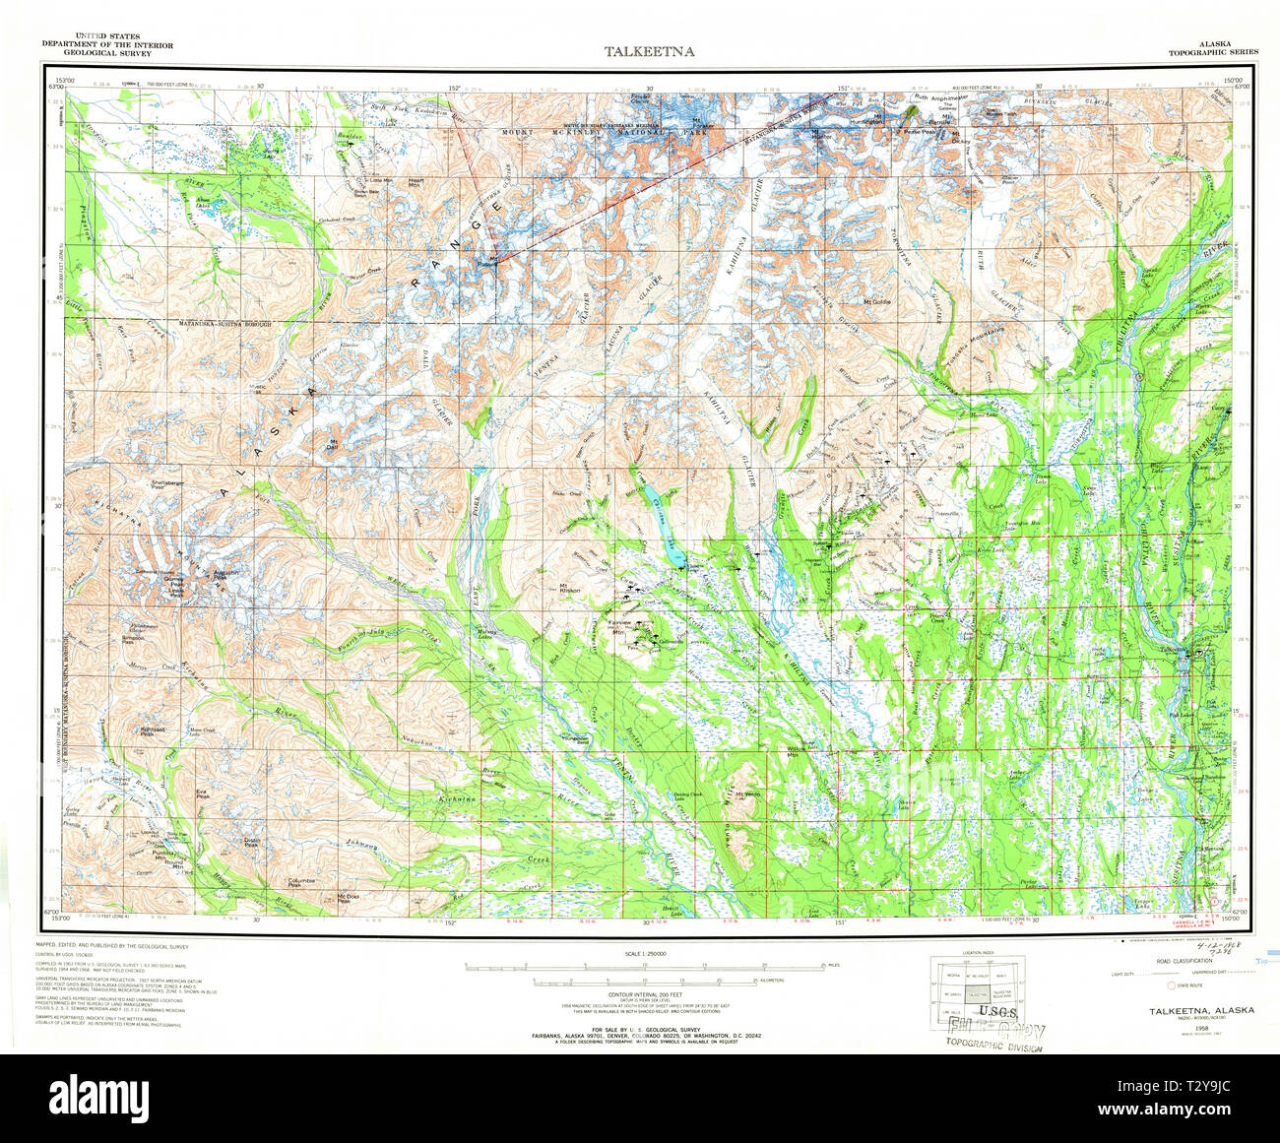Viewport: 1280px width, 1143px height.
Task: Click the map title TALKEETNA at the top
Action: point(649,52)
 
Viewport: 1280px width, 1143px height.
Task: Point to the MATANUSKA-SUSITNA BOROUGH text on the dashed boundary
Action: point(223,323)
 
